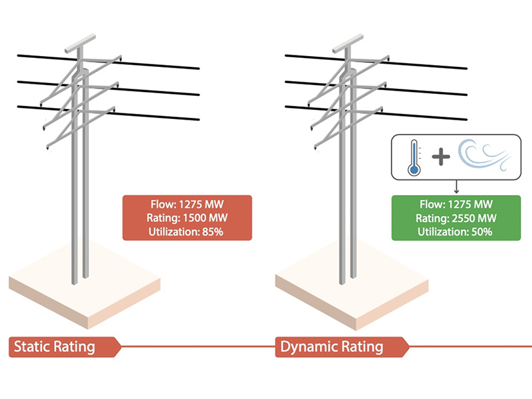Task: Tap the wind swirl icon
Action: tap(484, 156)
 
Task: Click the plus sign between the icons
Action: tap(441, 157)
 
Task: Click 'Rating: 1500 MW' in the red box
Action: tap(187, 218)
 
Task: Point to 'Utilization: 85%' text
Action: tap(187, 230)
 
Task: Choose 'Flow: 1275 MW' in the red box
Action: tap(187, 205)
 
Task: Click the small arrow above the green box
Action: tap(455, 187)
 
